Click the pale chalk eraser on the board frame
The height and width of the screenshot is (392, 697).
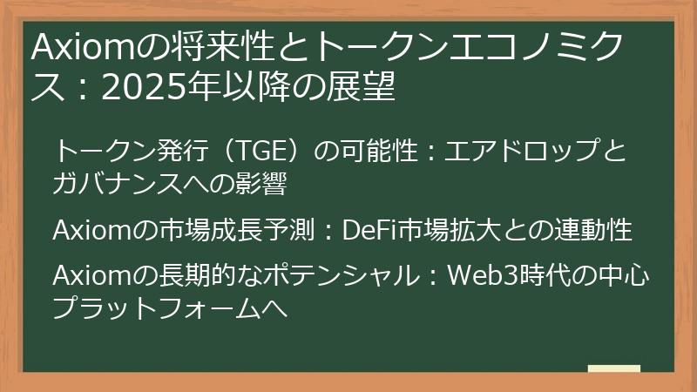[x=613, y=368]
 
